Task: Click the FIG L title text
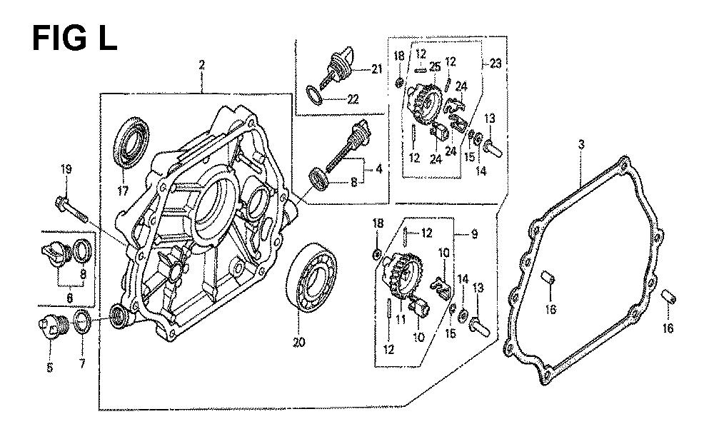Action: click(75, 38)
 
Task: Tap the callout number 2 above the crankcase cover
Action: click(202, 65)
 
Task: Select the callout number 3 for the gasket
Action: click(581, 146)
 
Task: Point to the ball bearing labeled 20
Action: click(311, 280)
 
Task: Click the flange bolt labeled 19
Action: click(73, 209)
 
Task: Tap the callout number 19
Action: click(66, 170)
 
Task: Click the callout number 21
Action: click(376, 69)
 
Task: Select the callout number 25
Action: click(435, 67)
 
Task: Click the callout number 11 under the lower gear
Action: click(401, 319)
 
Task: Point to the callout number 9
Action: click(474, 234)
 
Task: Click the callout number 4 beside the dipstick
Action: click(379, 169)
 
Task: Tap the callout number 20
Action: click(299, 343)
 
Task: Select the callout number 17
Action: click(123, 191)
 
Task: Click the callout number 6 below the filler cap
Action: click(70, 298)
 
